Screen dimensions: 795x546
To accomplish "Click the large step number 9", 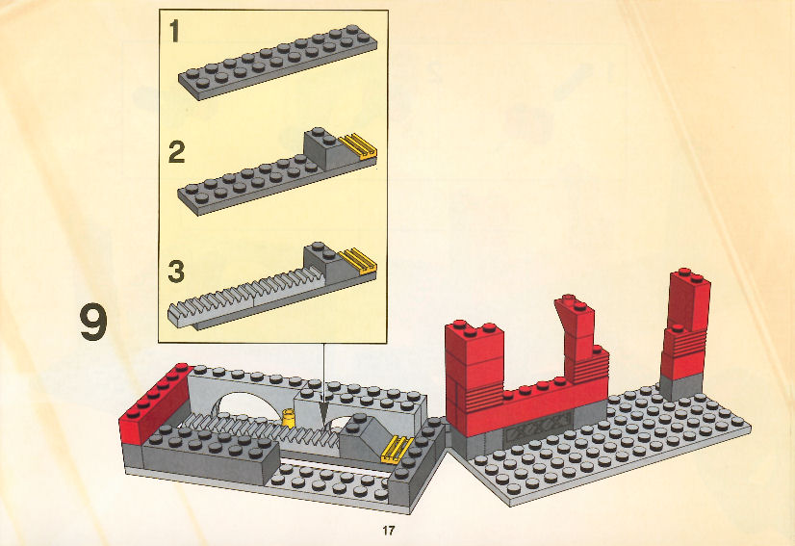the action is pyautogui.click(x=93, y=322).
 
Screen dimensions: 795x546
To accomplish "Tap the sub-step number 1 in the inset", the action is pyautogui.click(x=174, y=32).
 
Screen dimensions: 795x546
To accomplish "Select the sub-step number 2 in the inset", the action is pyautogui.click(x=176, y=152).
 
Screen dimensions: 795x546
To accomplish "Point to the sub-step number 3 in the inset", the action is pyautogui.click(x=176, y=272).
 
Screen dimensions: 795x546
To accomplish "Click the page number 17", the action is pyautogui.click(x=389, y=531).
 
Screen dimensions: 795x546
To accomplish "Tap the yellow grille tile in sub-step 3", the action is pyautogui.click(x=358, y=261).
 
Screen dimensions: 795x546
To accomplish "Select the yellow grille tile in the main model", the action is pyautogui.click(x=397, y=449).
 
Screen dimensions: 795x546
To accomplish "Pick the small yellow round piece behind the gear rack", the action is pyautogui.click(x=289, y=417).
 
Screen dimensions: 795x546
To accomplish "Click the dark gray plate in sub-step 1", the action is pyautogui.click(x=278, y=62).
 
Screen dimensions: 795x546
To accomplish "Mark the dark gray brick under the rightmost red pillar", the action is pyautogui.click(x=681, y=387).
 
